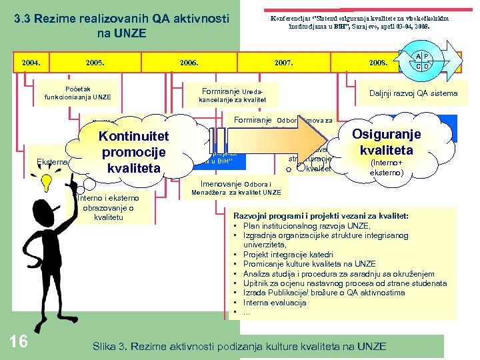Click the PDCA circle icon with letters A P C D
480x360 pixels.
click(x=422, y=61)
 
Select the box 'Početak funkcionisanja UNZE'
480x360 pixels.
click(x=78, y=93)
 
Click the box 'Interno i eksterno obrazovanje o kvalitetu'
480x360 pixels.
click(x=107, y=207)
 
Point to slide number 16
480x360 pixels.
click(x=19, y=341)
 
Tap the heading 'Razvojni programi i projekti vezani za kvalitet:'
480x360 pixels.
click(x=330, y=216)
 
